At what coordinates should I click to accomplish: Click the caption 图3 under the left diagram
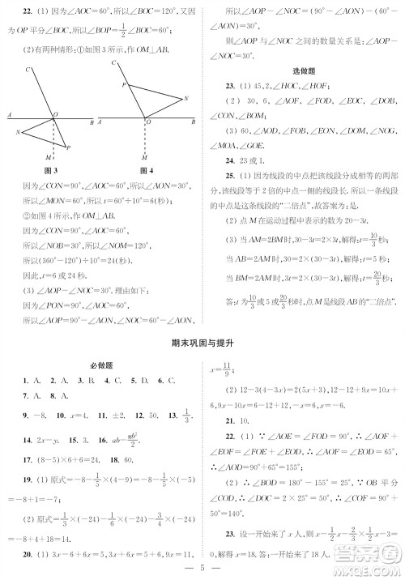[51, 171]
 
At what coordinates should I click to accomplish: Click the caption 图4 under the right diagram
[146, 171]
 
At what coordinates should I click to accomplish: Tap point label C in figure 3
[28, 70]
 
